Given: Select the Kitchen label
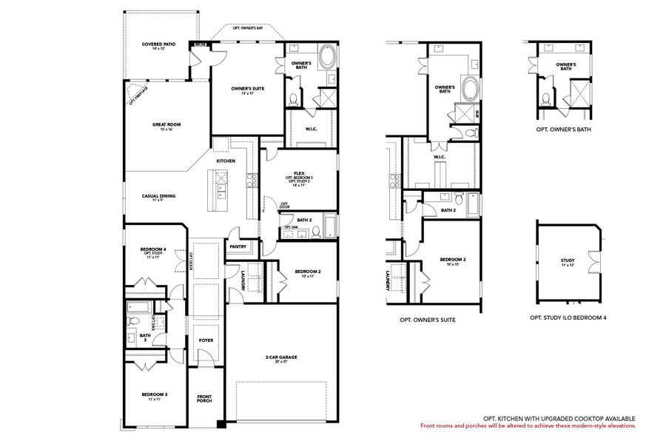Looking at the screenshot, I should click(x=226, y=161).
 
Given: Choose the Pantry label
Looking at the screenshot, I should click(x=238, y=246).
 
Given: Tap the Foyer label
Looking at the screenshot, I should click(x=206, y=340).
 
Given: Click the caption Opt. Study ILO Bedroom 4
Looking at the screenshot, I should click(x=568, y=317).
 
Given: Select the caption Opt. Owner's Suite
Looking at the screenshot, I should click(x=427, y=320).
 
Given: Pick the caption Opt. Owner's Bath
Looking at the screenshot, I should click(x=563, y=129).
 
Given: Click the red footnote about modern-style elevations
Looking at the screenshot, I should click(x=528, y=426).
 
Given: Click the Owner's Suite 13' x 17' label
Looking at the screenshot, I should click(x=247, y=90).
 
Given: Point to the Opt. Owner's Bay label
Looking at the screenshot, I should click(x=247, y=28).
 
